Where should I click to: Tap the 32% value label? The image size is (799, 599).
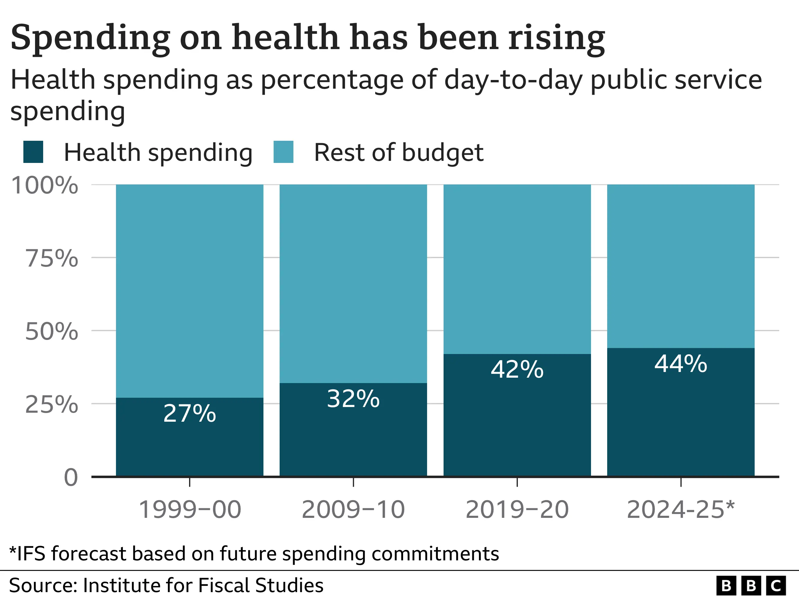point(353,399)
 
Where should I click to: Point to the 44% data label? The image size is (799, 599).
point(681,364)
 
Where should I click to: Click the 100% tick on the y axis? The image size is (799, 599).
point(45,186)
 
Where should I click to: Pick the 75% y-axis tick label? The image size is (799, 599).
point(52,258)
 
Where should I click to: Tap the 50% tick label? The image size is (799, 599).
point(52,332)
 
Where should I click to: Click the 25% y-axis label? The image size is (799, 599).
point(52,404)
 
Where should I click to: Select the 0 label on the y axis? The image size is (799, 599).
point(71,478)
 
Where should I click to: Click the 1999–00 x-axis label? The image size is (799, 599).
point(190,509)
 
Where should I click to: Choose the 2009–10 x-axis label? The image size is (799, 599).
point(353,509)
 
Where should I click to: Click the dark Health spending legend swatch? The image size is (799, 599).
point(33,152)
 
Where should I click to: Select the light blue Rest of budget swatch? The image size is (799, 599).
point(283,152)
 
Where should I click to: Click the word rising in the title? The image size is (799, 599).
point(556,38)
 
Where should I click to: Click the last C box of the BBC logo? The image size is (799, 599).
point(776,586)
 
